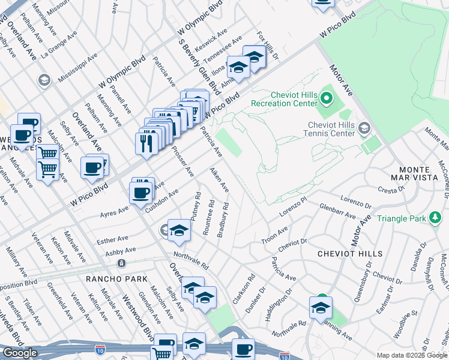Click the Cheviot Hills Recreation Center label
tap(293, 99)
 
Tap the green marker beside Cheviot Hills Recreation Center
tap(327, 97)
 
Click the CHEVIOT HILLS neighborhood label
tap(350, 254)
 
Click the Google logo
tap(20, 353)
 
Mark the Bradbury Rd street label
tap(223, 219)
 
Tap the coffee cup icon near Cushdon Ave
tap(141, 193)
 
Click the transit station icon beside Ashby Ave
tap(121, 263)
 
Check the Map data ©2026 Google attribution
tap(411, 355)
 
